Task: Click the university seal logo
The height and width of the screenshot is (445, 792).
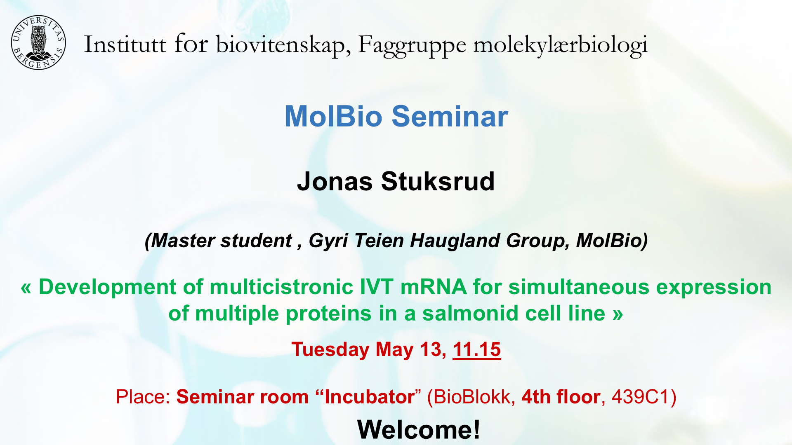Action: coord(38,43)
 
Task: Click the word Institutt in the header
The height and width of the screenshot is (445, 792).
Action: coord(125,44)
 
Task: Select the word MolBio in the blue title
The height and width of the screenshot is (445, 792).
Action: coord(333,116)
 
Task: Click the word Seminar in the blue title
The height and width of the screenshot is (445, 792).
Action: coord(450,116)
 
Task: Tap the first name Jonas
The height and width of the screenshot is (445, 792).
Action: coord(335,181)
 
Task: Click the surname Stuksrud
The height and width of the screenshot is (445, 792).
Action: coord(438,181)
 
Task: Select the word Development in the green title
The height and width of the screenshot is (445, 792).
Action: coord(107,287)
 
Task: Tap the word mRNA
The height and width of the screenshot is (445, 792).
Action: coord(433,287)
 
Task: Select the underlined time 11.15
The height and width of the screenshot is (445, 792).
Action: coord(477,350)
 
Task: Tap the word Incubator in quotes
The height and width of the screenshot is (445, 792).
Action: coord(369,397)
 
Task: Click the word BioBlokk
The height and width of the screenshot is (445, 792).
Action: coord(471,397)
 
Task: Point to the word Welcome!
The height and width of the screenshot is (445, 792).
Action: coord(419,429)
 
